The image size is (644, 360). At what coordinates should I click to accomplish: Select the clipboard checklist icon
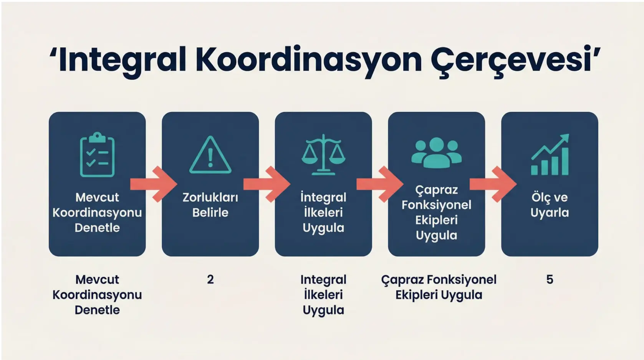point(97,155)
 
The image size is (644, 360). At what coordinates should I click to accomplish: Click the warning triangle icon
point(210,155)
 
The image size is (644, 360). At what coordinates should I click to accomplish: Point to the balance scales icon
point(323,155)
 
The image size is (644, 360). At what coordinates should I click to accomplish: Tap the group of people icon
point(436,153)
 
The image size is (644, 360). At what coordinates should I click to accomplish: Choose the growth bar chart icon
point(550,155)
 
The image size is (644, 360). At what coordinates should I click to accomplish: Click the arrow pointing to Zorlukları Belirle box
point(154,184)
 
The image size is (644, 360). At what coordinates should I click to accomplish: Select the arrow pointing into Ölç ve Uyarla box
point(493,184)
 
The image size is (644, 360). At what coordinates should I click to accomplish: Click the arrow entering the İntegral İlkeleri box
point(267,184)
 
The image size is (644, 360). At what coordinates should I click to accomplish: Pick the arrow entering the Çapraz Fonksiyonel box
point(380,184)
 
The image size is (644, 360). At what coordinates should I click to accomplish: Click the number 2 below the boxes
point(210,279)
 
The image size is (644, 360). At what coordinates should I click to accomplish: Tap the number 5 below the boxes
point(550,279)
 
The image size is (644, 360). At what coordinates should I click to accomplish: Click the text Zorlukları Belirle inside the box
point(210,205)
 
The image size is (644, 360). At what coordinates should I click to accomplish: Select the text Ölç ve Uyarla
point(550,205)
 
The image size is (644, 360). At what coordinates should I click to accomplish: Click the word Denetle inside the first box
point(97,228)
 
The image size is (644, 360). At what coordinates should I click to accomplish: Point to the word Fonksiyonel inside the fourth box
point(436,205)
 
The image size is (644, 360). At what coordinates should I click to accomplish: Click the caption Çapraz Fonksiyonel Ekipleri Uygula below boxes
point(439,287)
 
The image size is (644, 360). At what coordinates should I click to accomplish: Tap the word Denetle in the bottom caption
point(97,310)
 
